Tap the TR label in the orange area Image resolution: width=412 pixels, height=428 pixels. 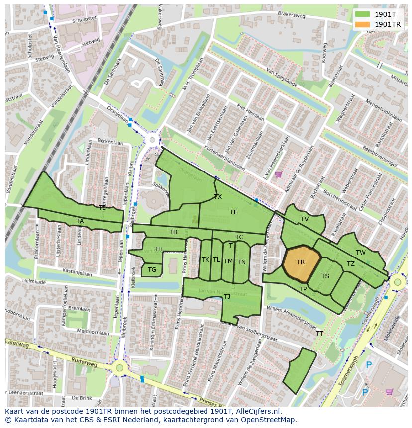[301, 262]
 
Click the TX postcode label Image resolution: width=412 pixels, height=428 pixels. [218, 197]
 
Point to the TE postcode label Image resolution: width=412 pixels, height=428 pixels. [234, 212]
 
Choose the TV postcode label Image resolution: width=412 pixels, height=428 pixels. [305, 219]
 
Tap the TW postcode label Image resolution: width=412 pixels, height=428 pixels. [361, 253]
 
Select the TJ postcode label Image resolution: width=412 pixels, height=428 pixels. [227, 297]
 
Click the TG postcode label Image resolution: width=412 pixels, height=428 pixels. [152, 270]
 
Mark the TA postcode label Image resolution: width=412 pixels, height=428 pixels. [80, 221]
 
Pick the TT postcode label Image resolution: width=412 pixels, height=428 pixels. [319, 334]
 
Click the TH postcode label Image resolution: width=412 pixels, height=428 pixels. [158, 249]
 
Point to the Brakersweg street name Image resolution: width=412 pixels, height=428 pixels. [292, 16]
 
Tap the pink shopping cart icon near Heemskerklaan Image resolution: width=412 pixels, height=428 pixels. [278, 174]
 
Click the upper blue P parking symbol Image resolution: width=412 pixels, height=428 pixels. [369, 365]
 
